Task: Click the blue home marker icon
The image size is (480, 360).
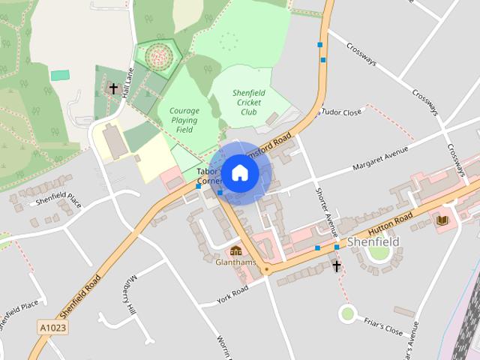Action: (238, 172)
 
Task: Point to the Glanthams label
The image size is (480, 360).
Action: (235, 262)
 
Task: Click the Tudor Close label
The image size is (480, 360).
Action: (341, 112)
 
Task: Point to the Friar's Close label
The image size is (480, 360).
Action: (383, 327)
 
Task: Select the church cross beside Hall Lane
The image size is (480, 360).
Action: (113, 88)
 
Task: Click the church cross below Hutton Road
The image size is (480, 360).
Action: (337, 265)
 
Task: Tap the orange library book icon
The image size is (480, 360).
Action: (442, 220)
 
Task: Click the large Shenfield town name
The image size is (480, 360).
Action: (373, 241)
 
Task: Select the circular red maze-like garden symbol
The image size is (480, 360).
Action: (158, 54)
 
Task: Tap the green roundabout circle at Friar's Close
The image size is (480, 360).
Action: (346, 313)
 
